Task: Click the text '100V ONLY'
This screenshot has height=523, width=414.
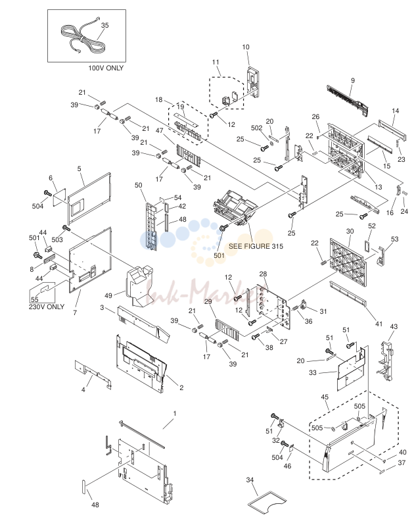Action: coord(106,68)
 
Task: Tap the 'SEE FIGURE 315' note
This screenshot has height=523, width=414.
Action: coord(256,246)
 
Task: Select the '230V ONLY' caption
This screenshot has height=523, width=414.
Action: coord(46,307)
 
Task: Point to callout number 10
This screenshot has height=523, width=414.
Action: coord(246,47)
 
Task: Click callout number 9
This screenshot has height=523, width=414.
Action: coord(353,80)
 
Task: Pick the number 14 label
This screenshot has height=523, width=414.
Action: coord(396,111)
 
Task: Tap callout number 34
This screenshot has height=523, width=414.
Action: coord(250,480)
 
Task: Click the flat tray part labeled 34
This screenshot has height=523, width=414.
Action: coord(267,501)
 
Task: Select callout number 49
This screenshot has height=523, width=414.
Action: coord(108,295)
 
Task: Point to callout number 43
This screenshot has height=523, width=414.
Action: coord(394,326)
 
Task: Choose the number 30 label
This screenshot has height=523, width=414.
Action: coord(350,231)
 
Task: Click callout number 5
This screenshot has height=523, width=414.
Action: coord(80,169)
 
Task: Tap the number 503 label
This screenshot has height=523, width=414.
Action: coord(57,239)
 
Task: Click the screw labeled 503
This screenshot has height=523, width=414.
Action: coord(66,228)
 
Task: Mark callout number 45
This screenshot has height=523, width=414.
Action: coord(325,397)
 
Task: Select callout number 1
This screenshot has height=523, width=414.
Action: coord(175,413)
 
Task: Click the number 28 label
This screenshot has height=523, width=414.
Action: coord(263,274)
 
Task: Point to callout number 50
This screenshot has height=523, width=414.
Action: coord(138,185)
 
